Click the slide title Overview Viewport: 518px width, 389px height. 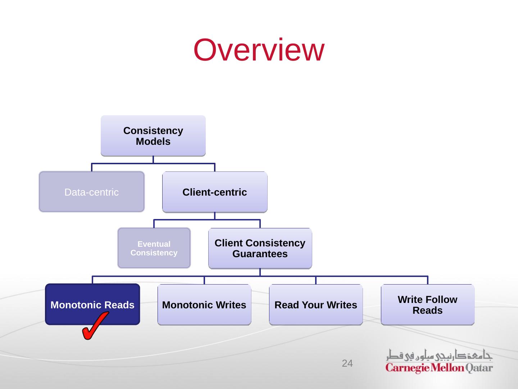(259, 50)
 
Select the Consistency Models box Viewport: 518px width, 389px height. (153, 136)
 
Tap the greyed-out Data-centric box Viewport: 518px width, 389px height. (91, 192)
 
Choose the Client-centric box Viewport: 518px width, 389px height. (215, 192)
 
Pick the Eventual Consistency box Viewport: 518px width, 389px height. (154, 248)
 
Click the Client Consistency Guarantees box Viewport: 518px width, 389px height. (260, 248)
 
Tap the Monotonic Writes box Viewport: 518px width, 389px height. (204, 305)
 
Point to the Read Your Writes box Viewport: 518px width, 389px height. (316, 305)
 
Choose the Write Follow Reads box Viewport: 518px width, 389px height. (428, 305)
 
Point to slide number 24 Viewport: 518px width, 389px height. (347, 363)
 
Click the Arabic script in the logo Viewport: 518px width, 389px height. (439, 355)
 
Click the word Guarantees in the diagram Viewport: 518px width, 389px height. (260, 254)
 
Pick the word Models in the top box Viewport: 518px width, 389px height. (153, 142)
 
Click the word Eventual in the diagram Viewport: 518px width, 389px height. (154, 244)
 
